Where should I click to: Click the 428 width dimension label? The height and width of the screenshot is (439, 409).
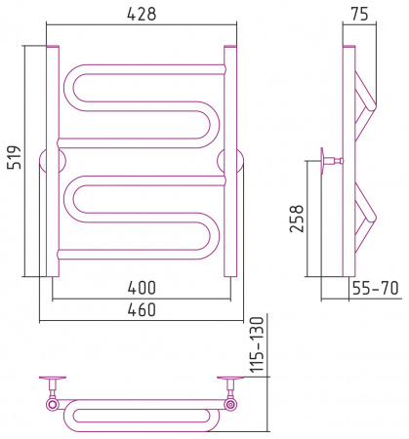tap(142, 15)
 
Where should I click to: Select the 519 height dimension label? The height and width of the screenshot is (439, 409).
tap(15, 157)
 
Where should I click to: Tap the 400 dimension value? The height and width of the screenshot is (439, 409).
tap(142, 288)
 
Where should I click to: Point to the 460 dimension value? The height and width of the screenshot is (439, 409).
tap(142, 310)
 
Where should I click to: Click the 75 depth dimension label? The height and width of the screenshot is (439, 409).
tap(359, 15)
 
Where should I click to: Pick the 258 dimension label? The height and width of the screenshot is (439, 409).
tap(297, 219)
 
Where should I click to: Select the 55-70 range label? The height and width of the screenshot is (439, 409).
tap(375, 288)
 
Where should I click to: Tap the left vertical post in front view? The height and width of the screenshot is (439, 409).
tap(53, 161)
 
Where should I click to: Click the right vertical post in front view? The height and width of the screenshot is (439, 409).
tap(230, 161)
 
